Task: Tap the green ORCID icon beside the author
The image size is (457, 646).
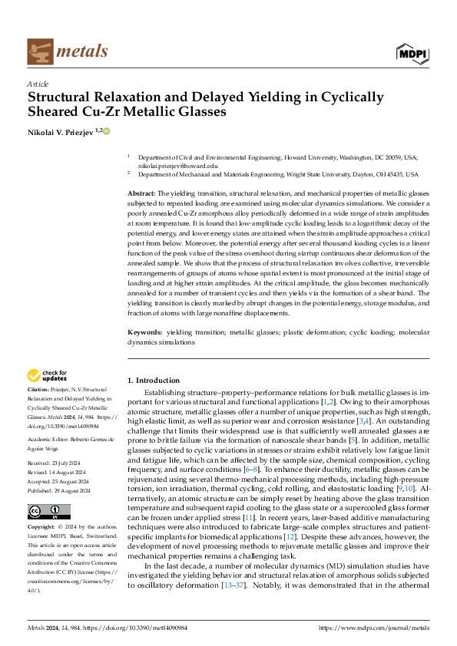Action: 106,131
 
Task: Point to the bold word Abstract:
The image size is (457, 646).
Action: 141,193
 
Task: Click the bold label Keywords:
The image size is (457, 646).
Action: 145,332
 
